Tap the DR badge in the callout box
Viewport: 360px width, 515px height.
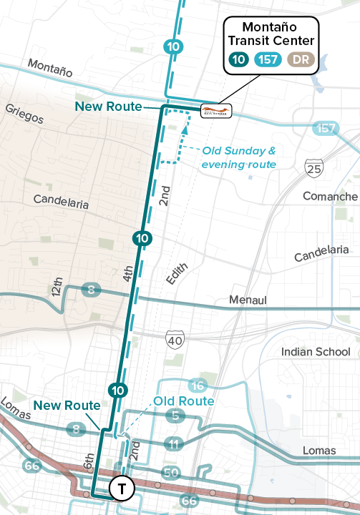(x=301, y=60)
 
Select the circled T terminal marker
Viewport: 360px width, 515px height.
(x=122, y=489)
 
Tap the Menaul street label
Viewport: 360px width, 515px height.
(x=248, y=300)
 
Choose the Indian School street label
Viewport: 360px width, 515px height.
(x=316, y=352)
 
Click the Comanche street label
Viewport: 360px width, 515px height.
(x=330, y=196)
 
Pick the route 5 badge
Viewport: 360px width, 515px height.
(x=175, y=415)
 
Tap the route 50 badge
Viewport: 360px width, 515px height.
(x=170, y=473)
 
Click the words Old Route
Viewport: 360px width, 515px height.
(x=184, y=401)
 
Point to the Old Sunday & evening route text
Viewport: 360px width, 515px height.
(x=238, y=157)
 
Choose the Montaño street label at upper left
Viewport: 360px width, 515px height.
(x=50, y=69)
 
